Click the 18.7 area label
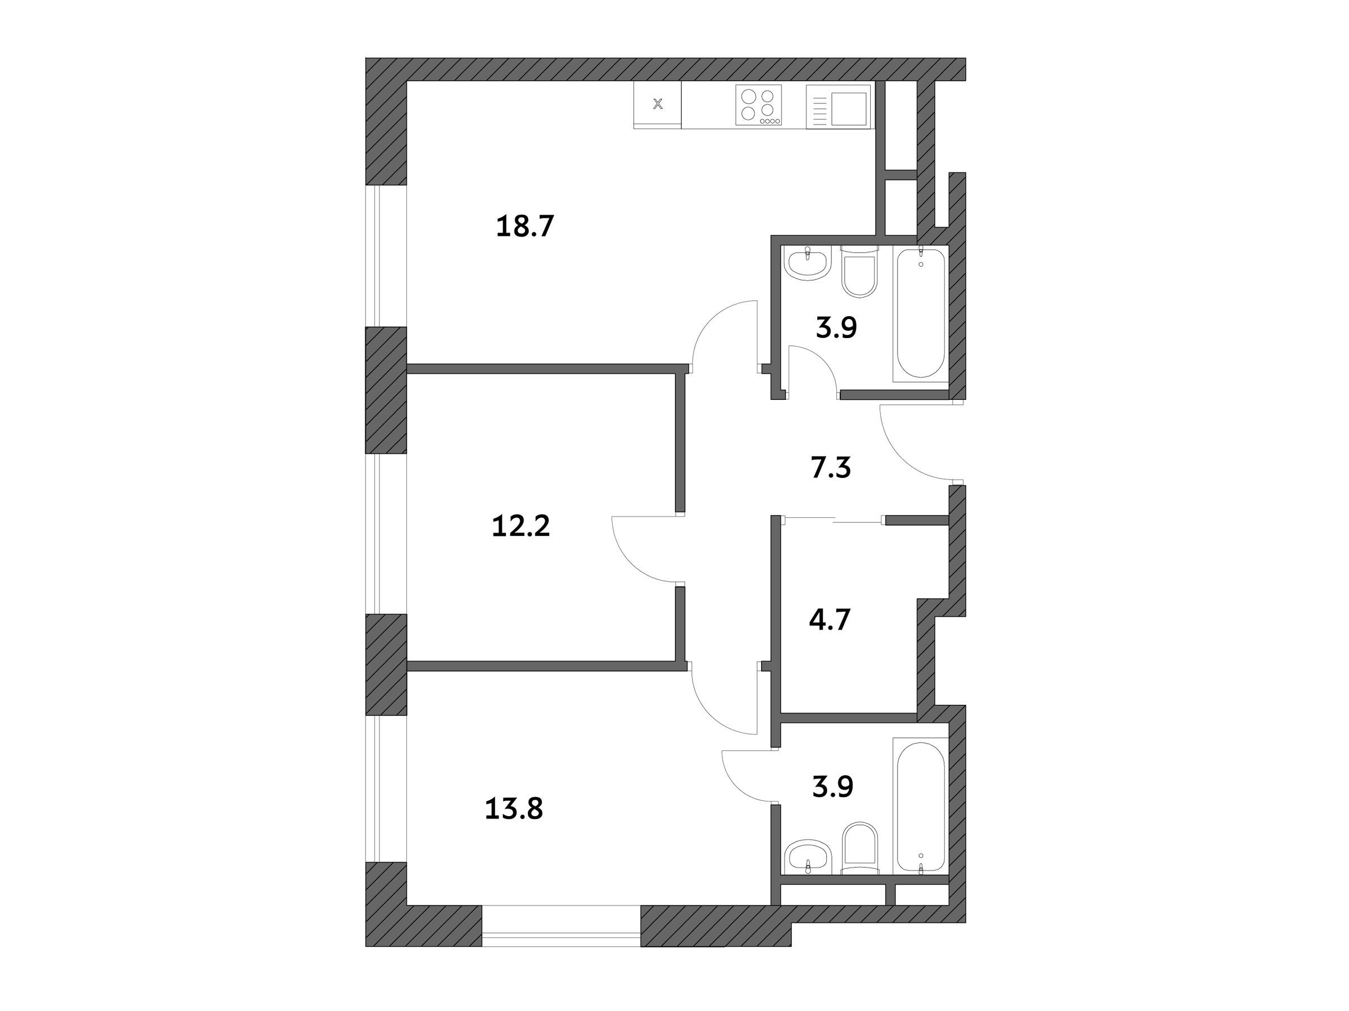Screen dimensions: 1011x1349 524,227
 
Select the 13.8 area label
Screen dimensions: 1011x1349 514,809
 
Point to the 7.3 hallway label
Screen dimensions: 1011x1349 831,468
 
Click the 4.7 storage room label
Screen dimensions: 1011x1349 830,620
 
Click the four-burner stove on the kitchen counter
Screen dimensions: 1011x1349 758,106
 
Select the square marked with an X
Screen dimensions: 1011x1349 658,104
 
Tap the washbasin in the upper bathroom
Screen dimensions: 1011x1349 808,264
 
